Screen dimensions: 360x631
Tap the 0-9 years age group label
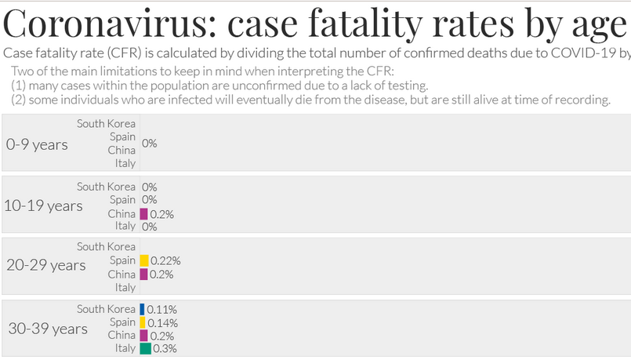pos(37,144)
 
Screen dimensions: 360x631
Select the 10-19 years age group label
pos(43,205)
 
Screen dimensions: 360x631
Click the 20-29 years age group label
pos(45,265)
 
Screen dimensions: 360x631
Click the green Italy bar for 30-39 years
pos(145,348)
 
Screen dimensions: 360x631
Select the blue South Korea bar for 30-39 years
pos(142,309)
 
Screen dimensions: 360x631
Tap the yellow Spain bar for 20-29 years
pos(144,260)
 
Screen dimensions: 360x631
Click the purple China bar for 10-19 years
pos(143,213)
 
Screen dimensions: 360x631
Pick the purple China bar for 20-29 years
pos(143,274)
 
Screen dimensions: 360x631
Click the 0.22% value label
pos(166,260)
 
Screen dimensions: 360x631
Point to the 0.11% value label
pos(162,309)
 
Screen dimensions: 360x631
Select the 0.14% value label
pos(162,322)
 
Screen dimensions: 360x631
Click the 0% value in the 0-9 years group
pos(150,144)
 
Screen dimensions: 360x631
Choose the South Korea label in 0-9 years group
pos(106,123)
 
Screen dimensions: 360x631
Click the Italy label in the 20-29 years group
pos(125,288)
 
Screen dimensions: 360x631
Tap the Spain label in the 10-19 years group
pos(122,200)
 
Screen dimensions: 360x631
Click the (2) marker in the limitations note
pos(20,100)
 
